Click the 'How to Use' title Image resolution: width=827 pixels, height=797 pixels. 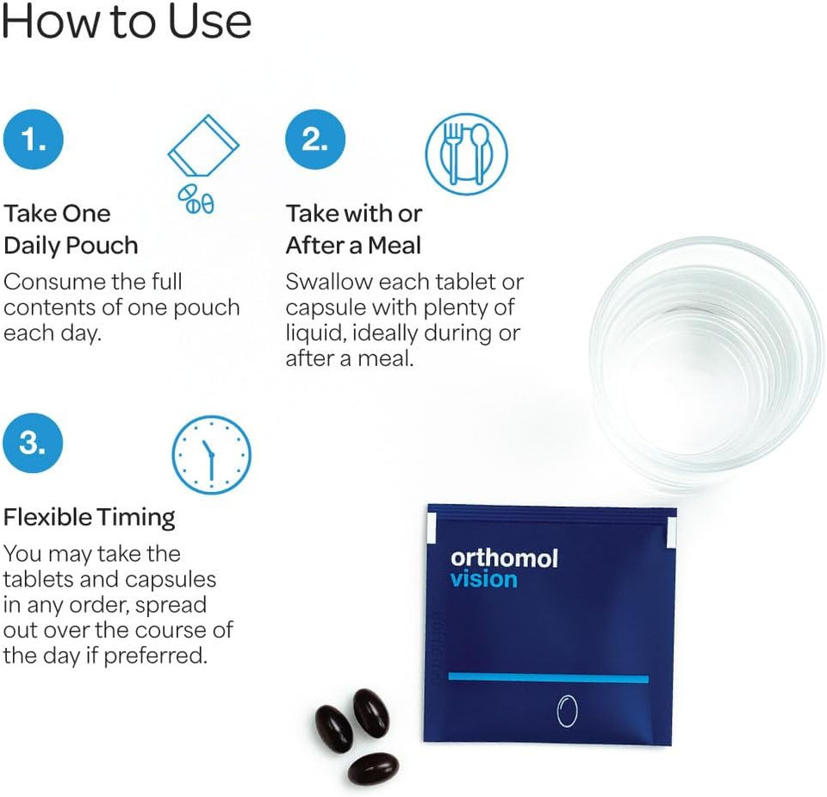(x=126, y=23)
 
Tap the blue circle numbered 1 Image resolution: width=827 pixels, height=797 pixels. (x=33, y=140)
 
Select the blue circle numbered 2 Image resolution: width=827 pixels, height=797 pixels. (x=314, y=140)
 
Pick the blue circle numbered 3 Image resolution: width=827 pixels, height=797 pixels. (x=33, y=443)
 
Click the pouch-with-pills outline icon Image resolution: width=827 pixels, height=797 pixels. (x=201, y=165)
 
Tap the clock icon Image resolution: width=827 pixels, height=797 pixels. (x=211, y=454)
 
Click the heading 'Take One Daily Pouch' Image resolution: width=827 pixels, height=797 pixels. (x=71, y=229)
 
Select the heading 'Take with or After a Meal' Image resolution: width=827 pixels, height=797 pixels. (x=354, y=229)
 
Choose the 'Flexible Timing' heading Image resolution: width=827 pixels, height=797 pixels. (x=90, y=517)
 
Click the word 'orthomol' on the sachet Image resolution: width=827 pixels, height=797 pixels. (x=504, y=558)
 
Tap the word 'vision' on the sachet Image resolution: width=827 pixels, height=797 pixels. (x=483, y=580)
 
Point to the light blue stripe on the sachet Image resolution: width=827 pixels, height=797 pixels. (x=548, y=678)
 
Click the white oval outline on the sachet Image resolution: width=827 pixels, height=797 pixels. (x=566, y=712)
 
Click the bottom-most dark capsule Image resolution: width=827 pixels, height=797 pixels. (x=373, y=768)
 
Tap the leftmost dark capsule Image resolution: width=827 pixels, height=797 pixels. (x=333, y=729)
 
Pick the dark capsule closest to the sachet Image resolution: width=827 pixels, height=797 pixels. (x=371, y=713)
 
